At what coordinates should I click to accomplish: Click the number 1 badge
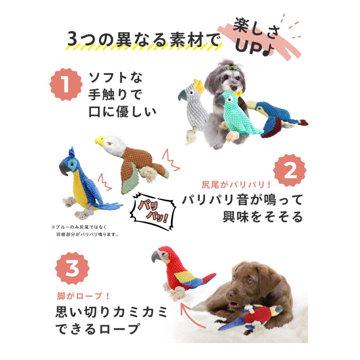(x=66, y=84)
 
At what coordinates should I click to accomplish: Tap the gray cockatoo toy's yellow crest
(x=199, y=86)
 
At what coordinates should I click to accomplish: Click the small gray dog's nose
(x=234, y=88)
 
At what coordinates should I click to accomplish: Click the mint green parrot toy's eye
(x=229, y=100)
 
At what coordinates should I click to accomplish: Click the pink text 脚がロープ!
(x=83, y=296)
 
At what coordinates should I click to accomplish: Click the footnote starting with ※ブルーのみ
(x=85, y=231)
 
